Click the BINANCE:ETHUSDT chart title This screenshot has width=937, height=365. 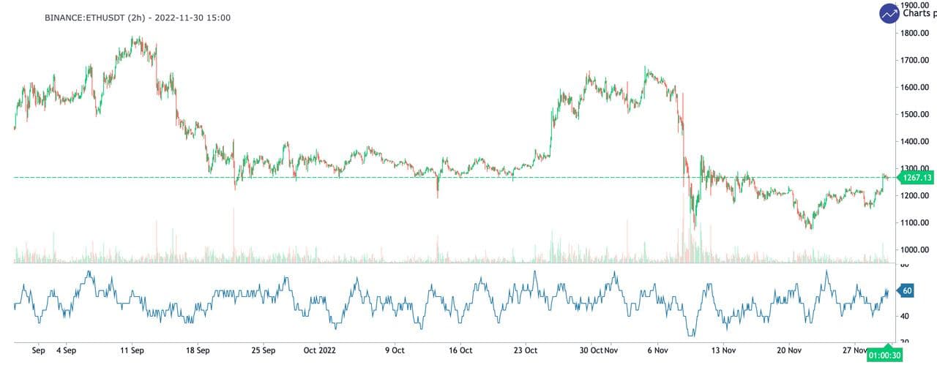tap(138, 17)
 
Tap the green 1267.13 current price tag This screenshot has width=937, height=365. tap(916, 178)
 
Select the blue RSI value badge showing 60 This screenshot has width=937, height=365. tap(907, 290)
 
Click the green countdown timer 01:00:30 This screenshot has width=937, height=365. tap(885, 356)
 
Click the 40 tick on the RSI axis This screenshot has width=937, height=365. tap(906, 316)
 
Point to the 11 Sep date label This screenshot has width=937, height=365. tap(132, 350)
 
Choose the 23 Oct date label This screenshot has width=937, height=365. tap(526, 350)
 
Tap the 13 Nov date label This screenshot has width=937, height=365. tap(722, 350)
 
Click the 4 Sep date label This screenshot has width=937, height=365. tap(66, 350)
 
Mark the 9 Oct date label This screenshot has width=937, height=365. tap(395, 350)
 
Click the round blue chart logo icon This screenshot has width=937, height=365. tap(889, 13)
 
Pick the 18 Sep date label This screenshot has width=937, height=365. tap(198, 350)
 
